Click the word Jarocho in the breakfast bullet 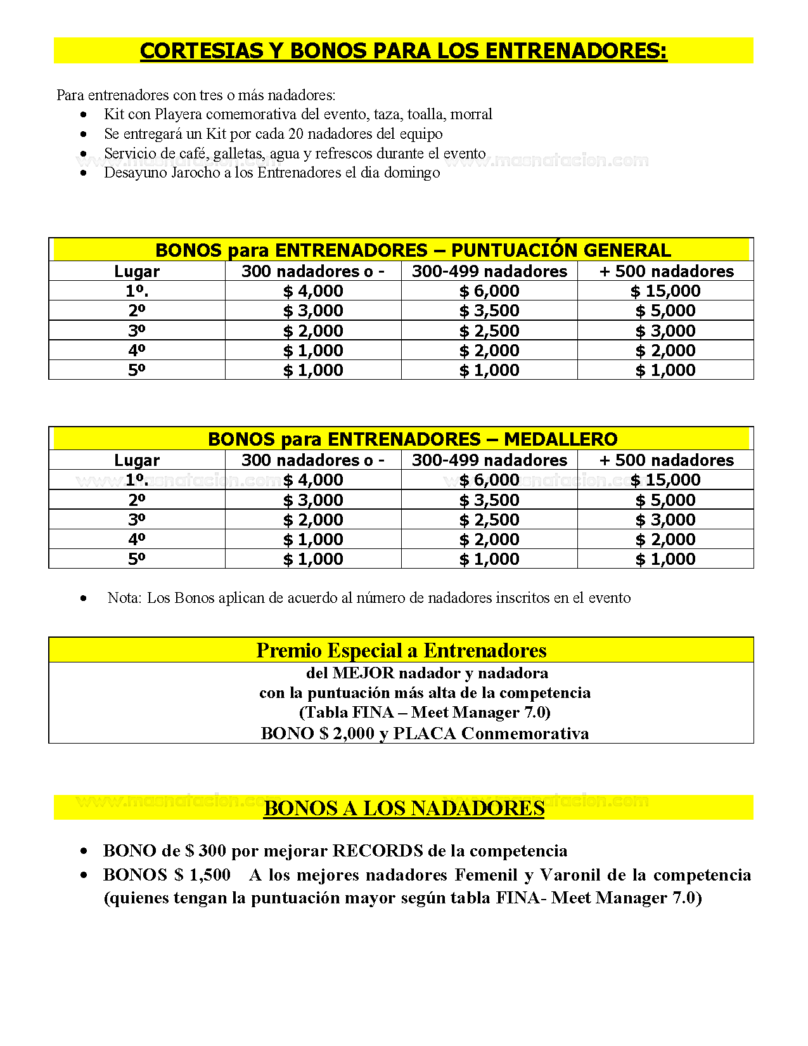pos(195,172)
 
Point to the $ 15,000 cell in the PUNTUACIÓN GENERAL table pos(665,291)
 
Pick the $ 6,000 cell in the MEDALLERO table pos(489,480)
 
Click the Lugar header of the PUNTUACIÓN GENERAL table pos(136,271)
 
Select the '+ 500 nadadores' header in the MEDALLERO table pos(666,460)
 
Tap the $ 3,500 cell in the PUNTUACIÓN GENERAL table pos(489,311)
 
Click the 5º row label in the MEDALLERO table pos(136,559)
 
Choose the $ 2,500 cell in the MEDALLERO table pos(489,520)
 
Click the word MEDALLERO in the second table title pos(560,439)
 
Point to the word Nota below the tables pos(124,598)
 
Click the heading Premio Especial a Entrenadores pos(401,650)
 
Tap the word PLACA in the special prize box pos(425,733)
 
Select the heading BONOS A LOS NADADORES pos(404,808)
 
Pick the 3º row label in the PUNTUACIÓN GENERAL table pos(136,330)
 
